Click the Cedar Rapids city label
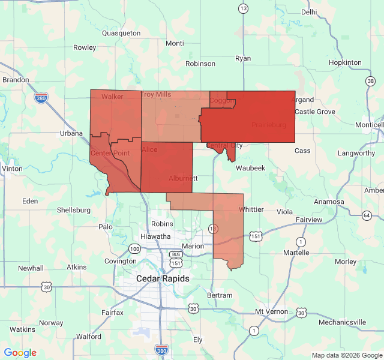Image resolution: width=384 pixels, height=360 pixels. coord(163,278)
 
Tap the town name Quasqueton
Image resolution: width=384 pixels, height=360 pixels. coord(121,33)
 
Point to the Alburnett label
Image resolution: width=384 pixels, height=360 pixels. coord(183,179)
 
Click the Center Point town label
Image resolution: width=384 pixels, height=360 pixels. coord(110,154)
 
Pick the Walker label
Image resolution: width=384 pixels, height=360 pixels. coord(112,97)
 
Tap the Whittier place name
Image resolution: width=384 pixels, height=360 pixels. coord(251,209)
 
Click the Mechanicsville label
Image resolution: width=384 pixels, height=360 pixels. coord(343,322)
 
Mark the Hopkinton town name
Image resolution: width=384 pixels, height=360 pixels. coord(345,62)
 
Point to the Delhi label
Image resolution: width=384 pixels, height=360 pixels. coord(309,11)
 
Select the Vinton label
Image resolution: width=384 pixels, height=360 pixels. coord(12,169)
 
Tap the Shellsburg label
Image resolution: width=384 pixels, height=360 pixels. coord(73,210)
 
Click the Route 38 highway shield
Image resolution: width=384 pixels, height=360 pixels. coord(370,80)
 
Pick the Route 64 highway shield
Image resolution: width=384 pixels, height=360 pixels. coord(366,215)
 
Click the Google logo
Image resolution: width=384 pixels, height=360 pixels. coord(20,353)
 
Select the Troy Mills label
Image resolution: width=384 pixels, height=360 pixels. coord(156,95)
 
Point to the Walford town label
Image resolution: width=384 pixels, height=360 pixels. coord(89,337)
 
